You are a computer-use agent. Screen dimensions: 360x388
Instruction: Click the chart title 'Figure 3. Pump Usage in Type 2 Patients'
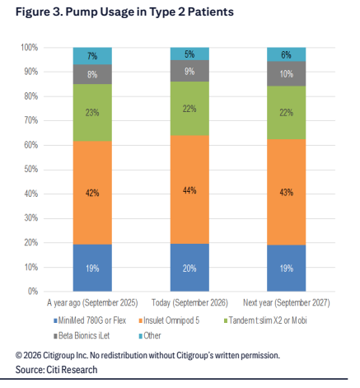[x=124, y=12]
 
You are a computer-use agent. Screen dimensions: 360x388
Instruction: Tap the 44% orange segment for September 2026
[x=189, y=189]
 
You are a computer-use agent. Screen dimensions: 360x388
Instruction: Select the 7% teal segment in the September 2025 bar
[x=92, y=56]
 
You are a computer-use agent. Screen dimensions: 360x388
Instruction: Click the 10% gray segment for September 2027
[x=287, y=73]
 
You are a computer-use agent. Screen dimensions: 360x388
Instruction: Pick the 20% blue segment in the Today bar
[x=189, y=268]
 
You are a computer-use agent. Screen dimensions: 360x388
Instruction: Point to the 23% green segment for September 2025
[x=92, y=113]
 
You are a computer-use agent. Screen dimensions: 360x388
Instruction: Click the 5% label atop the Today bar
[x=189, y=54]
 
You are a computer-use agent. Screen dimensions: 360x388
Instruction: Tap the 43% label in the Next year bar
[x=287, y=192]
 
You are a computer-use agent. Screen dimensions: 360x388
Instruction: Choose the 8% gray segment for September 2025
[x=92, y=74]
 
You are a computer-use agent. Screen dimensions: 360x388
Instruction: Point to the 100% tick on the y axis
[x=30, y=48]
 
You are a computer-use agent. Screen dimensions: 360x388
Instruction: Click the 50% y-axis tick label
[x=31, y=169]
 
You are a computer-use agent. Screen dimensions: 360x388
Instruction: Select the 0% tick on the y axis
[x=33, y=291]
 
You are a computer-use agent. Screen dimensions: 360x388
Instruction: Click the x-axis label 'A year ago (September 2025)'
[x=92, y=302]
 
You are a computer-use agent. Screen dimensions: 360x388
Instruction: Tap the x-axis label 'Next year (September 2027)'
[x=287, y=302]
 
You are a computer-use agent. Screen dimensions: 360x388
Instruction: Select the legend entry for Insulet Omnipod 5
[x=169, y=320]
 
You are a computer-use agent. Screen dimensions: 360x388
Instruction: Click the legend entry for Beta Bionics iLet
[x=82, y=335]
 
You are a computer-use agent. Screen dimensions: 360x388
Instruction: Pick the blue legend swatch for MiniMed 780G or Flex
[x=55, y=320]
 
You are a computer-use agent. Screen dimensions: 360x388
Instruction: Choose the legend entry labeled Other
[x=150, y=335]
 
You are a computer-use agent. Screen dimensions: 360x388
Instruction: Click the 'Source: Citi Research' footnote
[x=56, y=370]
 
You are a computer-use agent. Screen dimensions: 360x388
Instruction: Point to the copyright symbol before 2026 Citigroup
[x=19, y=356]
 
